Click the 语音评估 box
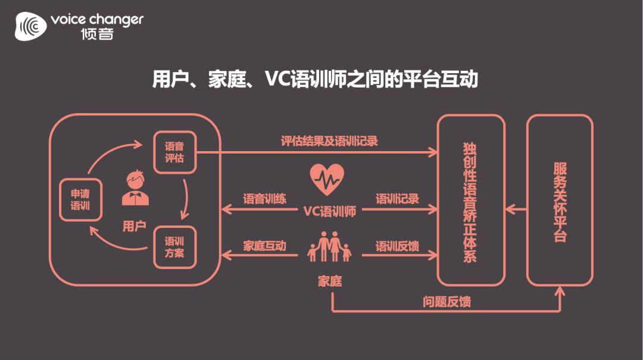[x=174, y=152]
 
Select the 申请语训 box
[x=80, y=199]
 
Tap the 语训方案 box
[x=174, y=248]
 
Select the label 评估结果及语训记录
[x=329, y=141]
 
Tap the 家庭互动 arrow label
[x=264, y=246]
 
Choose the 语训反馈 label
[x=397, y=246]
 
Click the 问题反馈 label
[x=447, y=302]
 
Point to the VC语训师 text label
[x=329, y=211]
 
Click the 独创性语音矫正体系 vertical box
[x=470, y=201]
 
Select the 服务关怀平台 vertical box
[x=560, y=201]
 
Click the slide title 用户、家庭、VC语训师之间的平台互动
[x=315, y=80]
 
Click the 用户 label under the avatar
[x=134, y=226]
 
